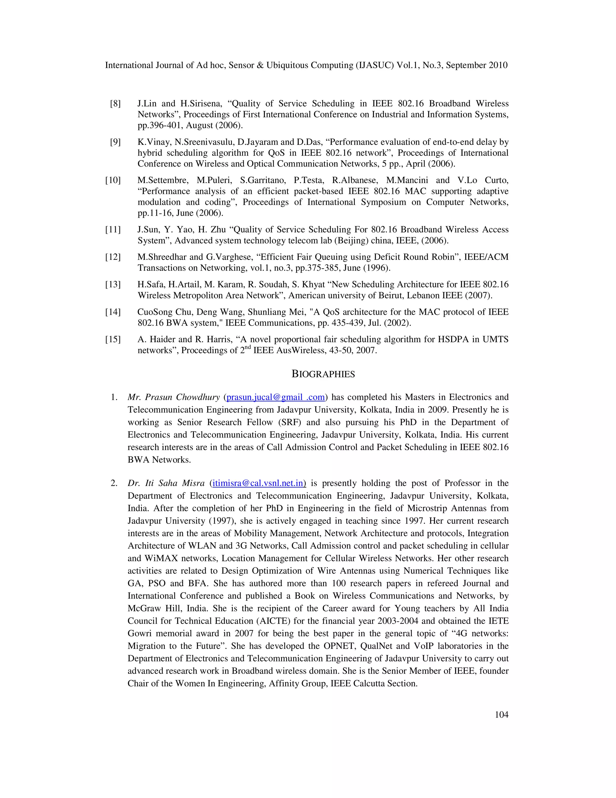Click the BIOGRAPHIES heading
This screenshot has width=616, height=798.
tap(323, 374)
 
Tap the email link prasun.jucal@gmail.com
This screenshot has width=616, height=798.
tap(276, 397)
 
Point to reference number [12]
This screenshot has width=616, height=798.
tap(113, 257)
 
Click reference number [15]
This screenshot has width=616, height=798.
tap(113, 339)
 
